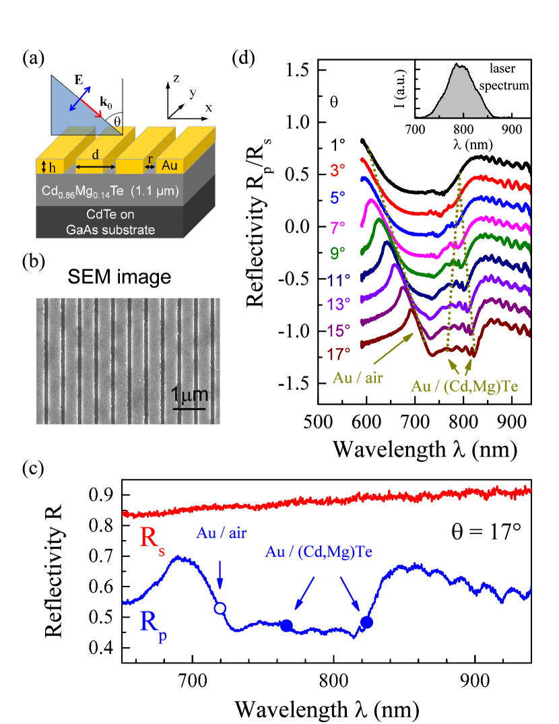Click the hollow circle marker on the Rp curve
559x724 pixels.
coord(220,609)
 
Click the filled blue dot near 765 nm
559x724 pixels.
coord(286,626)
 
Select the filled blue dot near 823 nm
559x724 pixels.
coord(366,622)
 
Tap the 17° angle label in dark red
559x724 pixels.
coord(339,352)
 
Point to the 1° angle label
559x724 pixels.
coord(339,144)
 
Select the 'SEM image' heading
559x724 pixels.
coord(128,276)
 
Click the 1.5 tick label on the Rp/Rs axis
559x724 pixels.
coord(295,70)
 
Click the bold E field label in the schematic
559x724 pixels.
coord(79,80)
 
